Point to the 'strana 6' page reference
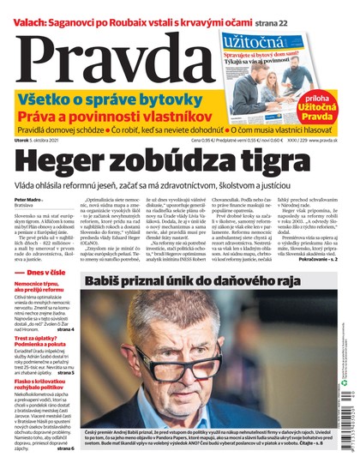pos(72,472)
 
